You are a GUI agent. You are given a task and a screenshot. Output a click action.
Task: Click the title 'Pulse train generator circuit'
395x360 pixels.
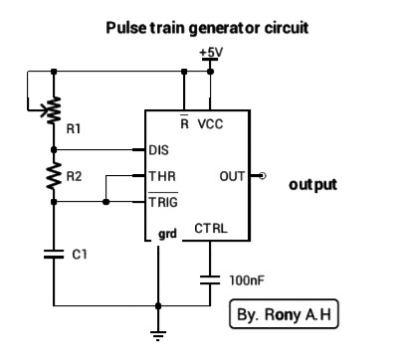coord(207,28)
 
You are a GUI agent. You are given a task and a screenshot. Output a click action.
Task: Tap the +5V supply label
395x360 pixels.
coord(210,52)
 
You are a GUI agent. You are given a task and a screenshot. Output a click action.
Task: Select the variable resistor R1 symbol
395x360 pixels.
coord(54,106)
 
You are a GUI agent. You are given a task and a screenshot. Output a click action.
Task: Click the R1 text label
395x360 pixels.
coord(75,128)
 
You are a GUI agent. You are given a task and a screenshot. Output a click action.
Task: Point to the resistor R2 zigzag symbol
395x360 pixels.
coord(54,176)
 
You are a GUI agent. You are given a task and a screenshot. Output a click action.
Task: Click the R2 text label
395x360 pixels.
coord(75,176)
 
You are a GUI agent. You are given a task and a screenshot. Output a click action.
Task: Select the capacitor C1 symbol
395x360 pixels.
coord(54,254)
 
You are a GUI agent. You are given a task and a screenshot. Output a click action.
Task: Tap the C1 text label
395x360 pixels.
coord(80,255)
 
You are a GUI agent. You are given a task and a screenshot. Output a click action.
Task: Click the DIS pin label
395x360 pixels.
coord(158,151)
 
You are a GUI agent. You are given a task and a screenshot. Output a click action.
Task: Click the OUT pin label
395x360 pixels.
coord(231,176)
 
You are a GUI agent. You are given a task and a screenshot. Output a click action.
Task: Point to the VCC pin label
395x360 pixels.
coord(210,124)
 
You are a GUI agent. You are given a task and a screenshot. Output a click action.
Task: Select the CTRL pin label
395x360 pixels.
coord(210,228)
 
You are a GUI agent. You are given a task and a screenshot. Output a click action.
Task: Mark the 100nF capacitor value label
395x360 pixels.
coord(246,280)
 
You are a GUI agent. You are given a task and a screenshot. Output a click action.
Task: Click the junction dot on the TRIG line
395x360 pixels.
coord(105,202)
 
